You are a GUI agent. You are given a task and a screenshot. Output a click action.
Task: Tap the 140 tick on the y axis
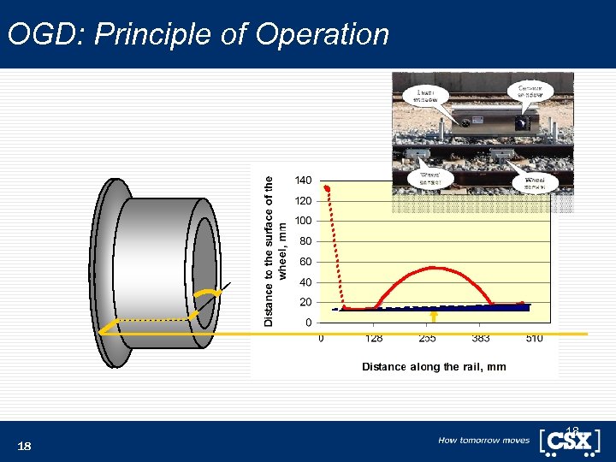(x=303, y=181)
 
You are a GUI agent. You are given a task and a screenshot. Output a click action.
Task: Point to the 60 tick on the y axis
(x=305, y=262)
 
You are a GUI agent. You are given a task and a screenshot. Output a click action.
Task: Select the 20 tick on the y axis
(x=305, y=302)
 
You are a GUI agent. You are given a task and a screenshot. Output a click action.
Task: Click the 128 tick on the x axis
(x=373, y=339)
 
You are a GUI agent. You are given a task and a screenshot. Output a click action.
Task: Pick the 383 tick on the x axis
(x=481, y=339)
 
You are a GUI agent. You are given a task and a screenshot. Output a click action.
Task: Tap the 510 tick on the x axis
(x=534, y=339)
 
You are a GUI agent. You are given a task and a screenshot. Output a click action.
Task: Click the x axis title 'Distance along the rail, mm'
(x=434, y=366)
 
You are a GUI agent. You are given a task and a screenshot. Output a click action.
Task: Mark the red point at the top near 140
(x=327, y=188)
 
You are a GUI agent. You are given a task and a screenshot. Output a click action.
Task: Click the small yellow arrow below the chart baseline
(x=434, y=317)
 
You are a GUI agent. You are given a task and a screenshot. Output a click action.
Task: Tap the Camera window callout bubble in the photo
(x=530, y=90)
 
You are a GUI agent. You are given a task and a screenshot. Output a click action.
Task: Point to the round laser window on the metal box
(x=466, y=121)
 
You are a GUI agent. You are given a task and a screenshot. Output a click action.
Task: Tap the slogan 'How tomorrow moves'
(x=483, y=441)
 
